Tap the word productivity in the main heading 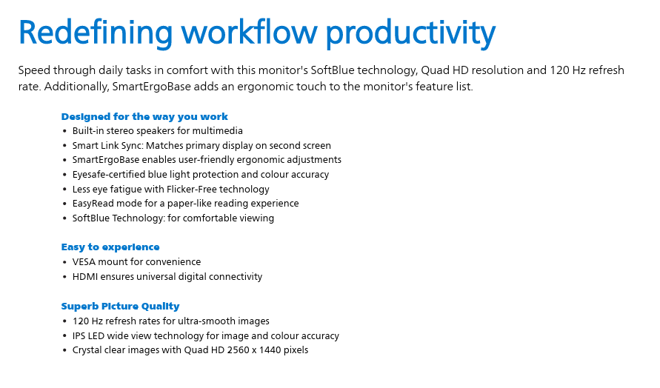click(x=411, y=33)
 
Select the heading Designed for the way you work click(x=144, y=116)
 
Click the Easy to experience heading click(x=110, y=247)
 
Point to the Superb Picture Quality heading click(x=121, y=306)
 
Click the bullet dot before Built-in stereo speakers click(x=64, y=131)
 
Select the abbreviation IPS click(x=79, y=336)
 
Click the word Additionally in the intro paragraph click(x=76, y=87)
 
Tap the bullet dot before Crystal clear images click(x=64, y=350)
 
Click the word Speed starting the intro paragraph click(x=34, y=70)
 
